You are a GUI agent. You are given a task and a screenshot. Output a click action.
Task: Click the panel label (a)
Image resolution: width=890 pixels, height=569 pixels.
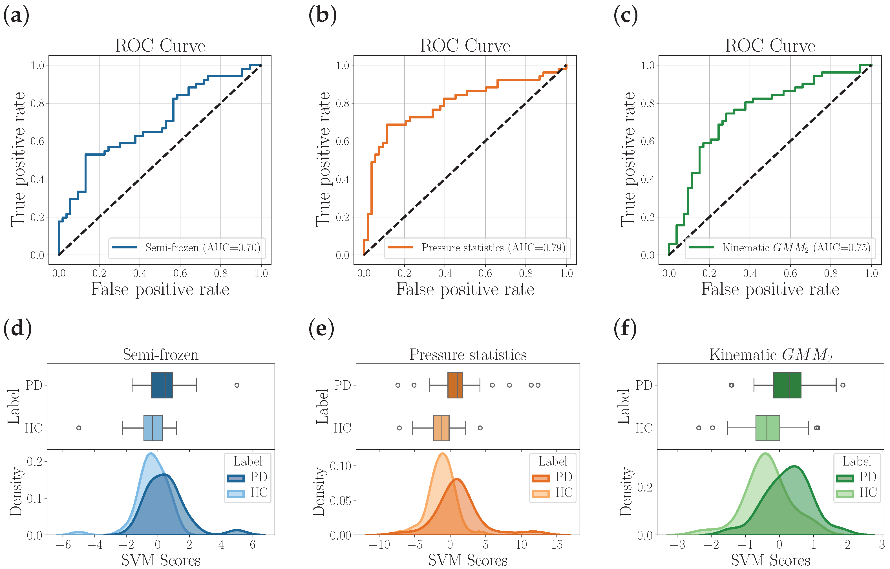click(16, 16)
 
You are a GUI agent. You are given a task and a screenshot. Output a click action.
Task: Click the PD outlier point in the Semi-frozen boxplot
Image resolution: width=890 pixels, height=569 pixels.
click(237, 385)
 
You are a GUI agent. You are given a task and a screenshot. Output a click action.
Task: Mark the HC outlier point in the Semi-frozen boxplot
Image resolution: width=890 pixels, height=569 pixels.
click(79, 428)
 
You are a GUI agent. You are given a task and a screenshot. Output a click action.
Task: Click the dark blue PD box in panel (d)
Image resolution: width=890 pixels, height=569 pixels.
click(162, 385)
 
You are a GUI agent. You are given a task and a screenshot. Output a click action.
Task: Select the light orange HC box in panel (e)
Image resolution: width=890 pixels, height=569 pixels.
click(441, 428)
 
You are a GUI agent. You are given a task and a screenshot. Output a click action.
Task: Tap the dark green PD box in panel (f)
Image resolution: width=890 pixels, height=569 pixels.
click(787, 385)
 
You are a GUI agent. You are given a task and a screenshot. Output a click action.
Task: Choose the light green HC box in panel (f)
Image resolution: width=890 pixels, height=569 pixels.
click(768, 428)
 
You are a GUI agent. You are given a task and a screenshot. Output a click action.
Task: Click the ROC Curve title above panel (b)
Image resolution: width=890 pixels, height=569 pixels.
click(465, 46)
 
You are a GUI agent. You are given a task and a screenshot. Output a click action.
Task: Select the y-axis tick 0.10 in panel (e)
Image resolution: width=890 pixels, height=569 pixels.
click(340, 466)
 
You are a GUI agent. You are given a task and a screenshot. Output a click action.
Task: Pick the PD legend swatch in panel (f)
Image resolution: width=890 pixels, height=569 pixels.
click(845, 478)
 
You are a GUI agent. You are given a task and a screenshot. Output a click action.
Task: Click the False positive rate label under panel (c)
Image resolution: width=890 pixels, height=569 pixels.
click(770, 289)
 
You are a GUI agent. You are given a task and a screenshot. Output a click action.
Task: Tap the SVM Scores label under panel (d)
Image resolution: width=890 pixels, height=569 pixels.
click(161, 561)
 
